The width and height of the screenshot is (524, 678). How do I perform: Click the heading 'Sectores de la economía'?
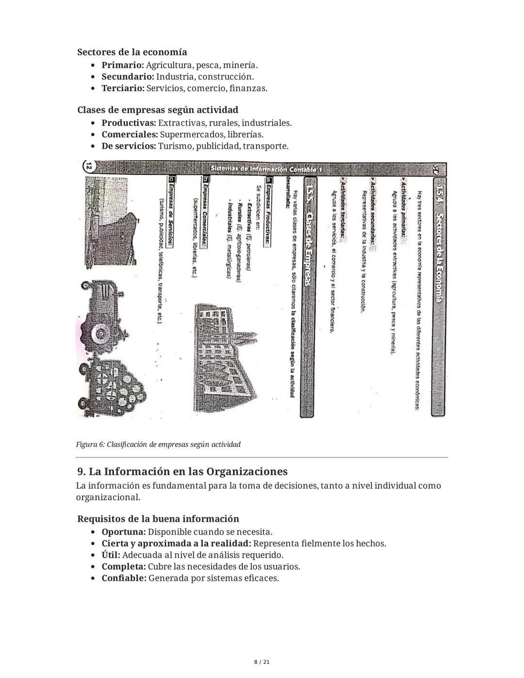point(132,52)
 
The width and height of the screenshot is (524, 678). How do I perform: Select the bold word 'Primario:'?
point(122,65)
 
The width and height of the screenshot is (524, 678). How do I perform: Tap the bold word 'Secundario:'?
point(128,77)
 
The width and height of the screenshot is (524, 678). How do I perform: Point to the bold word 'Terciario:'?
point(123,88)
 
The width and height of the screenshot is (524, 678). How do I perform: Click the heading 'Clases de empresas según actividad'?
point(158,110)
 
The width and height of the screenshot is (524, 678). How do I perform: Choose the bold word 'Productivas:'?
point(129,123)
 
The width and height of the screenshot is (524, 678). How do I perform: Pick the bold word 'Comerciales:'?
point(130,134)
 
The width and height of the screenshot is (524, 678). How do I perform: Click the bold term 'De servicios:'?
point(129,146)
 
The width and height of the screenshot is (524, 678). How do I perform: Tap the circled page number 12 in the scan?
point(88,166)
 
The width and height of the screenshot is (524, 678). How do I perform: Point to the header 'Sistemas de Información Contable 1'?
point(266,169)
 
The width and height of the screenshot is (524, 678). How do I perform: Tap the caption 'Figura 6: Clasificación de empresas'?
point(158,444)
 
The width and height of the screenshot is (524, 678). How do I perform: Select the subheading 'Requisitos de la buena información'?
point(158,519)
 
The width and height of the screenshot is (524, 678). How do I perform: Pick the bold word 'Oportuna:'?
point(123,532)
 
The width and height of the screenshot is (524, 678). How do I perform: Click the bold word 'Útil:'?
point(111,555)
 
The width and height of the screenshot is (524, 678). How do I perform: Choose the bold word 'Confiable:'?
point(124,579)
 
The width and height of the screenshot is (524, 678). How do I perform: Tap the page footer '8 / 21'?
point(262,662)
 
